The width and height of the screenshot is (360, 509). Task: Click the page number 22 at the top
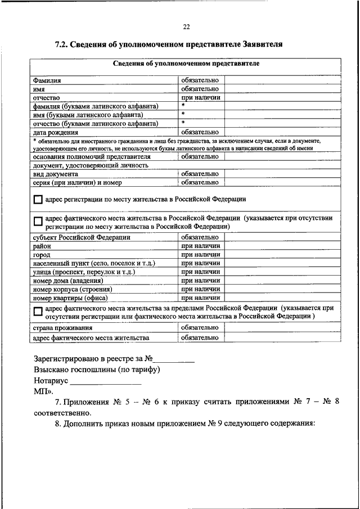click(x=186, y=26)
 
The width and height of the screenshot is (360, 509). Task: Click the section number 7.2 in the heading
click(x=61, y=43)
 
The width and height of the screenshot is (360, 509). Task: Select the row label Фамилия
click(x=47, y=80)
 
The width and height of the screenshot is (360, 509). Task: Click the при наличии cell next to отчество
click(x=200, y=97)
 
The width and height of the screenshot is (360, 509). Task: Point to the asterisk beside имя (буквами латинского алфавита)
click(x=183, y=114)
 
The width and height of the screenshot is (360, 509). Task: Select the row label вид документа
click(x=55, y=174)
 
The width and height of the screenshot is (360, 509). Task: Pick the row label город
click(x=42, y=255)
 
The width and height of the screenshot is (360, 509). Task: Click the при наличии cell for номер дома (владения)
click(x=200, y=280)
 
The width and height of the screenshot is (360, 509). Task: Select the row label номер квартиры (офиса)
click(x=70, y=298)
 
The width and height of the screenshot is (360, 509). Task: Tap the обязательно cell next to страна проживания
click(x=200, y=327)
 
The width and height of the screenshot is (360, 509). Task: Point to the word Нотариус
click(x=51, y=381)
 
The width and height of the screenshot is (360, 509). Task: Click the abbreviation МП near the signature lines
click(x=41, y=391)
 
